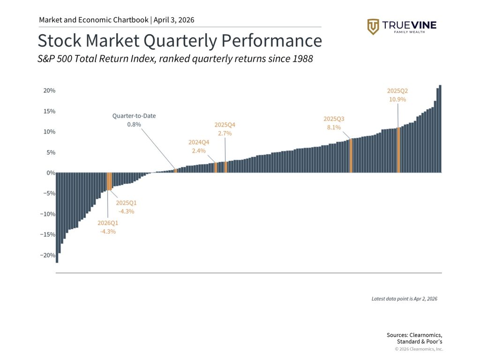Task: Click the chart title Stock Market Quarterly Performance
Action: (180, 41)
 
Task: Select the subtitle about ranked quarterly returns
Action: (175, 60)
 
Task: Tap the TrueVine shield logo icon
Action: (373, 27)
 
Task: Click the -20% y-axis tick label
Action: (49, 255)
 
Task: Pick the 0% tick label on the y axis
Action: (51, 173)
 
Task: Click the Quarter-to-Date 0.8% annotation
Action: (134, 120)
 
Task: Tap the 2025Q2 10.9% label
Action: (397, 95)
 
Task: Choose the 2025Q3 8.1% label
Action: (334, 123)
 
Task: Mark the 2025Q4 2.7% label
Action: (225, 129)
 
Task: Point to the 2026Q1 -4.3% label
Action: (108, 227)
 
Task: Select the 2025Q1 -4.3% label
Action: (126, 207)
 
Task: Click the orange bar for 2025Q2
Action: (398, 150)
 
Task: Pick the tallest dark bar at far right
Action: (440, 129)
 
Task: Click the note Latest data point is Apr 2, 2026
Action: (404, 299)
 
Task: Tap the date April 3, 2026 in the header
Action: (173, 20)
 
